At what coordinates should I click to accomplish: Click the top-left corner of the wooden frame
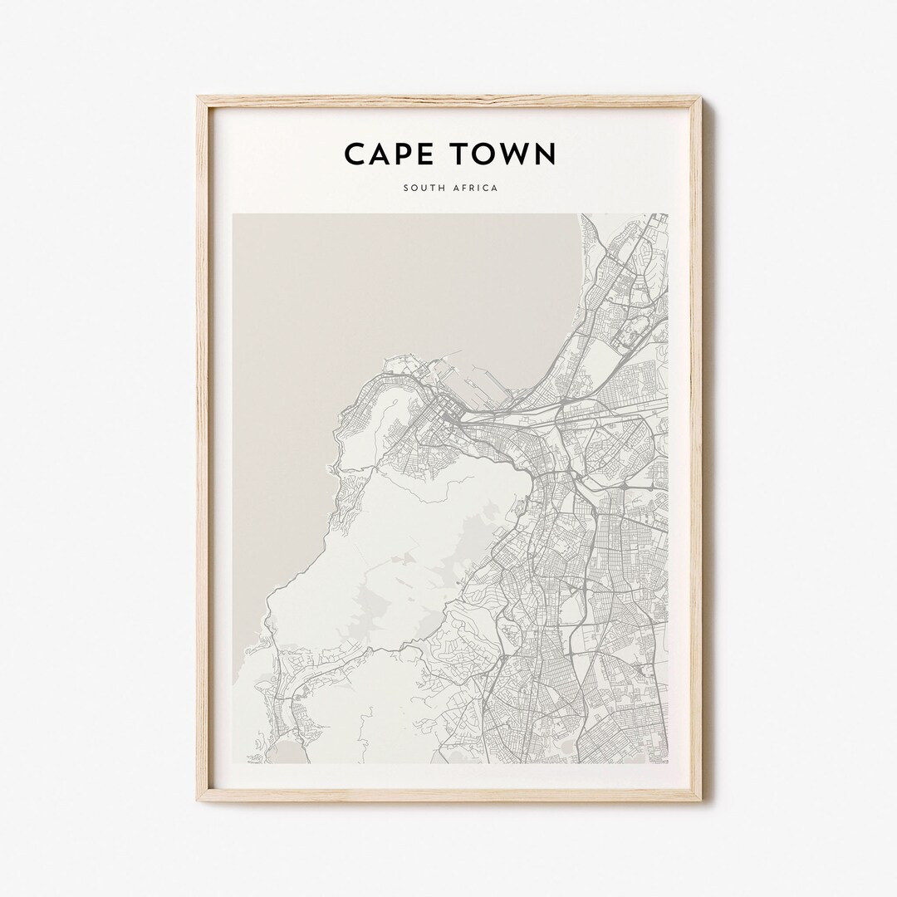tap(199, 98)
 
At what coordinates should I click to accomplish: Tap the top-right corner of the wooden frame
tap(700, 98)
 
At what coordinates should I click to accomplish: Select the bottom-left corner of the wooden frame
tap(199, 800)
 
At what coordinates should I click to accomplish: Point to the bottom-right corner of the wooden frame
tap(700, 800)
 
